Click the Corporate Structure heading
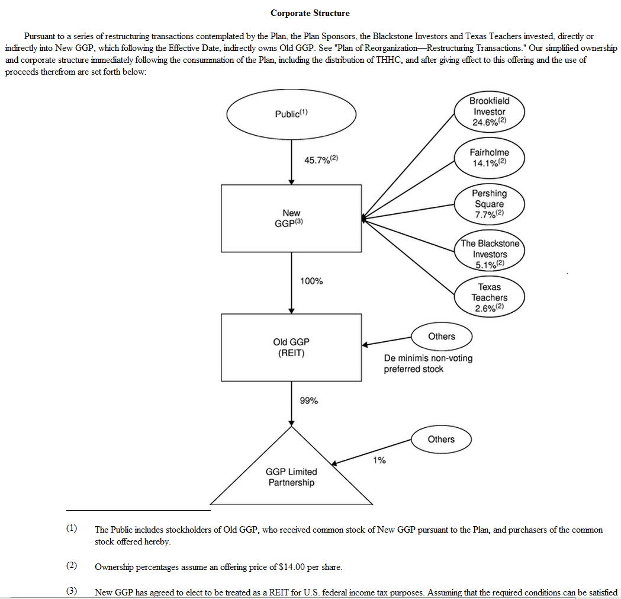point(310,13)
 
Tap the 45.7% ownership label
point(321,160)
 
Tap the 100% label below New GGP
point(311,281)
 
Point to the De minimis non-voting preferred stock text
point(428,364)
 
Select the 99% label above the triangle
point(309,401)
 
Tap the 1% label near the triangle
point(379,460)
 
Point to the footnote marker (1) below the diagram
point(72,528)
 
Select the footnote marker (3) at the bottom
point(72,591)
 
